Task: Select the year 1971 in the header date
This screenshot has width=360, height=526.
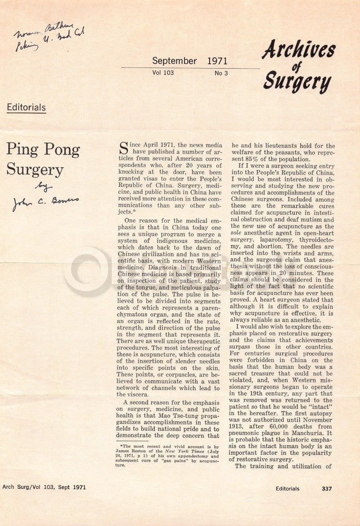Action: (x=217, y=61)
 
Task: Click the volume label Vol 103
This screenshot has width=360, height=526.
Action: (x=163, y=72)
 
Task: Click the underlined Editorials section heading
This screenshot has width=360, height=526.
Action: (x=26, y=107)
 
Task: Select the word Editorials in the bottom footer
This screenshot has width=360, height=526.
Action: (x=288, y=488)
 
